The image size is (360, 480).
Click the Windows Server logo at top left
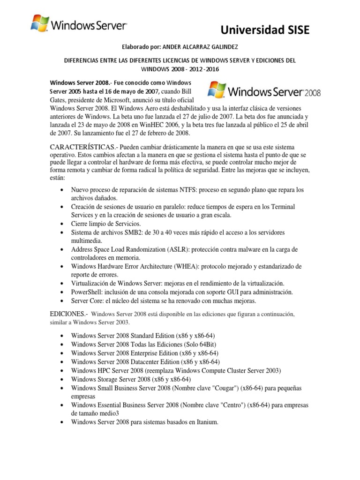click(x=78, y=24)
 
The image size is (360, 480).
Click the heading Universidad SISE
click(x=265, y=30)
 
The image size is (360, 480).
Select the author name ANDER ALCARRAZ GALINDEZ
click(x=197, y=47)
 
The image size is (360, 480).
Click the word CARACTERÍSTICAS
click(x=82, y=147)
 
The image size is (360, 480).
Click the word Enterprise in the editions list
click(x=148, y=353)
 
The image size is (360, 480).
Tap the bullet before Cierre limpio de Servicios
click(x=63, y=224)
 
